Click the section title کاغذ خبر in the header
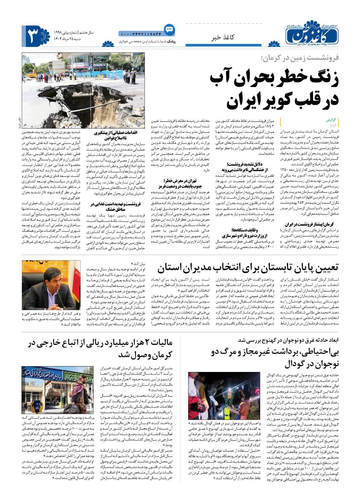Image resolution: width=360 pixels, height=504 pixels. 222,38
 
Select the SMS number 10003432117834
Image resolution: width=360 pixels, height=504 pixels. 141,33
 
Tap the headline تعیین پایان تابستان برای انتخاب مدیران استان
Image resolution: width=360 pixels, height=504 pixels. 248,267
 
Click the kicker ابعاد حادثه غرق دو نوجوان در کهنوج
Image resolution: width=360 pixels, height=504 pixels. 289,340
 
